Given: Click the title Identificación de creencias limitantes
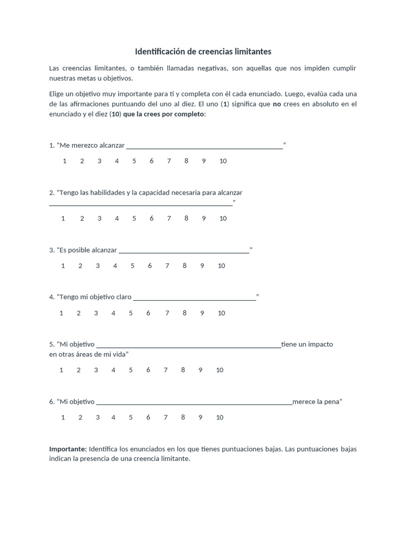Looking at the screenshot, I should click(x=203, y=51).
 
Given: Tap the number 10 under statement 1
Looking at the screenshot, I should click(x=223, y=161).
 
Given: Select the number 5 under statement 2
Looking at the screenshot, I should click(x=134, y=218).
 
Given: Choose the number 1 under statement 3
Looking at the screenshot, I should click(x=63, y=266).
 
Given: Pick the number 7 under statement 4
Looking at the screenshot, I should click(x=167, y=313).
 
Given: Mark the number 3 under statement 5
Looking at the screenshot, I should click(x=96, y=370).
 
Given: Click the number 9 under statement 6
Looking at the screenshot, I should click(x=200, y=417).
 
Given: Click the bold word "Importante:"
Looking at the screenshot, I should click(x=68, y=449).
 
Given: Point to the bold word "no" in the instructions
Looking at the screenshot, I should click(x=277, y=104).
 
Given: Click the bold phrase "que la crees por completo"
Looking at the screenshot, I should click(x=163, y=114).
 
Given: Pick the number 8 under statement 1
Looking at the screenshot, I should click(x=186, y=161).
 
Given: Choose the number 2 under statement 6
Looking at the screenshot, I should click(x=80, y=417).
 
